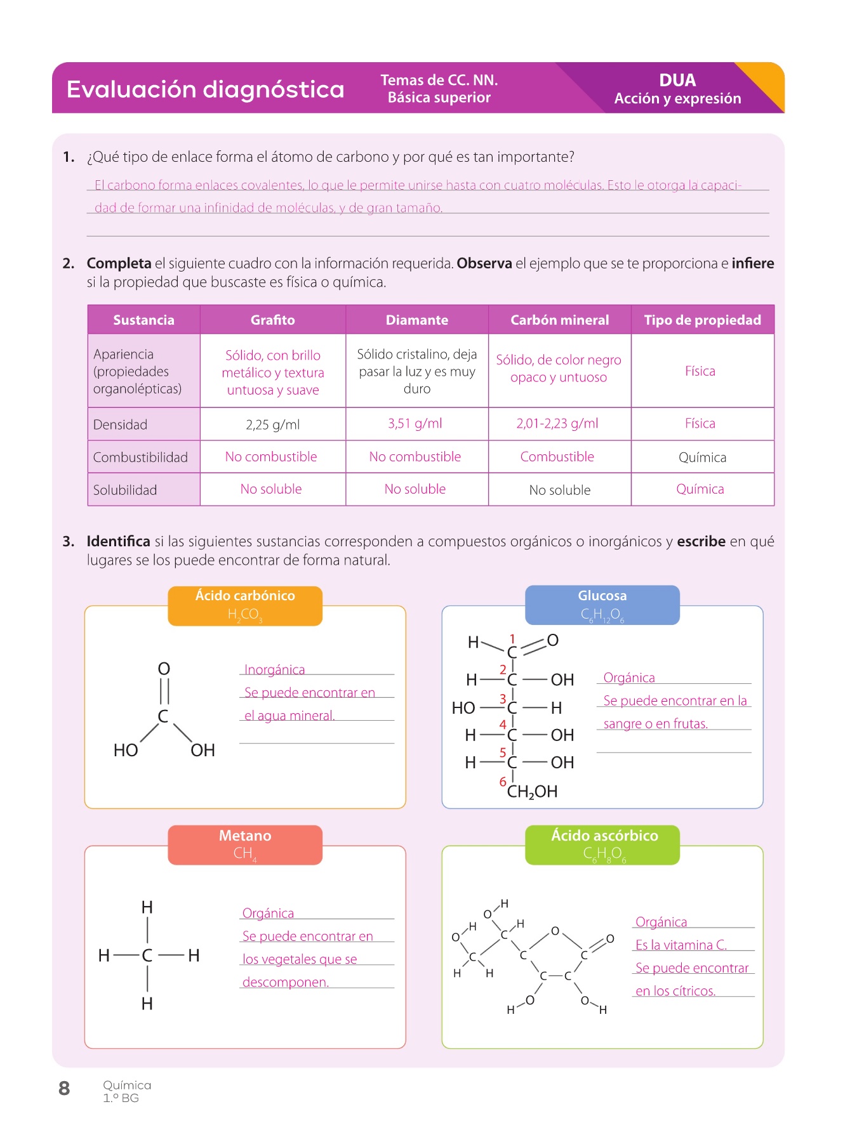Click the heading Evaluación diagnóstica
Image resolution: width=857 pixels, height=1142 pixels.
(205, 89)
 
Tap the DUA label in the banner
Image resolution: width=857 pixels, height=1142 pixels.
(677, 81)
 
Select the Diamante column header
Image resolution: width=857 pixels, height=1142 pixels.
(416, 320)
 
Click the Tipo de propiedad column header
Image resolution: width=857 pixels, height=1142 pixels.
(702, 320)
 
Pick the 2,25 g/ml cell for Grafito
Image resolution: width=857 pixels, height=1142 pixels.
(272, 424)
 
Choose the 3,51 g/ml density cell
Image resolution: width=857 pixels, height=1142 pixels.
(415, 423)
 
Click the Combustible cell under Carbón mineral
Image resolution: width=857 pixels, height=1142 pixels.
(557, 457)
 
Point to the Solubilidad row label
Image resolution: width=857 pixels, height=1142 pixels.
(125, 490)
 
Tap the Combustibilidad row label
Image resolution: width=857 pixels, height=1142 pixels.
(140, 457)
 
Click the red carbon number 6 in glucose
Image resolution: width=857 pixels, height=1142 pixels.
(503, 782)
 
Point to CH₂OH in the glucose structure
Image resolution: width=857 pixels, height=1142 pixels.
(532, 792)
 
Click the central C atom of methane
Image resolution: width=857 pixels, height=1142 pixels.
(147, 955)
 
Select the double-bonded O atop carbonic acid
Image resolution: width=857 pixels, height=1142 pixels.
(164, 669)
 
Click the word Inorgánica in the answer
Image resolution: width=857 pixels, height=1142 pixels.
(274, 670)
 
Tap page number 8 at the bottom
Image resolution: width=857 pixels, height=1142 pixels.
(64, 1089)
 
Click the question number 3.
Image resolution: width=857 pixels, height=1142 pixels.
(68, 541)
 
